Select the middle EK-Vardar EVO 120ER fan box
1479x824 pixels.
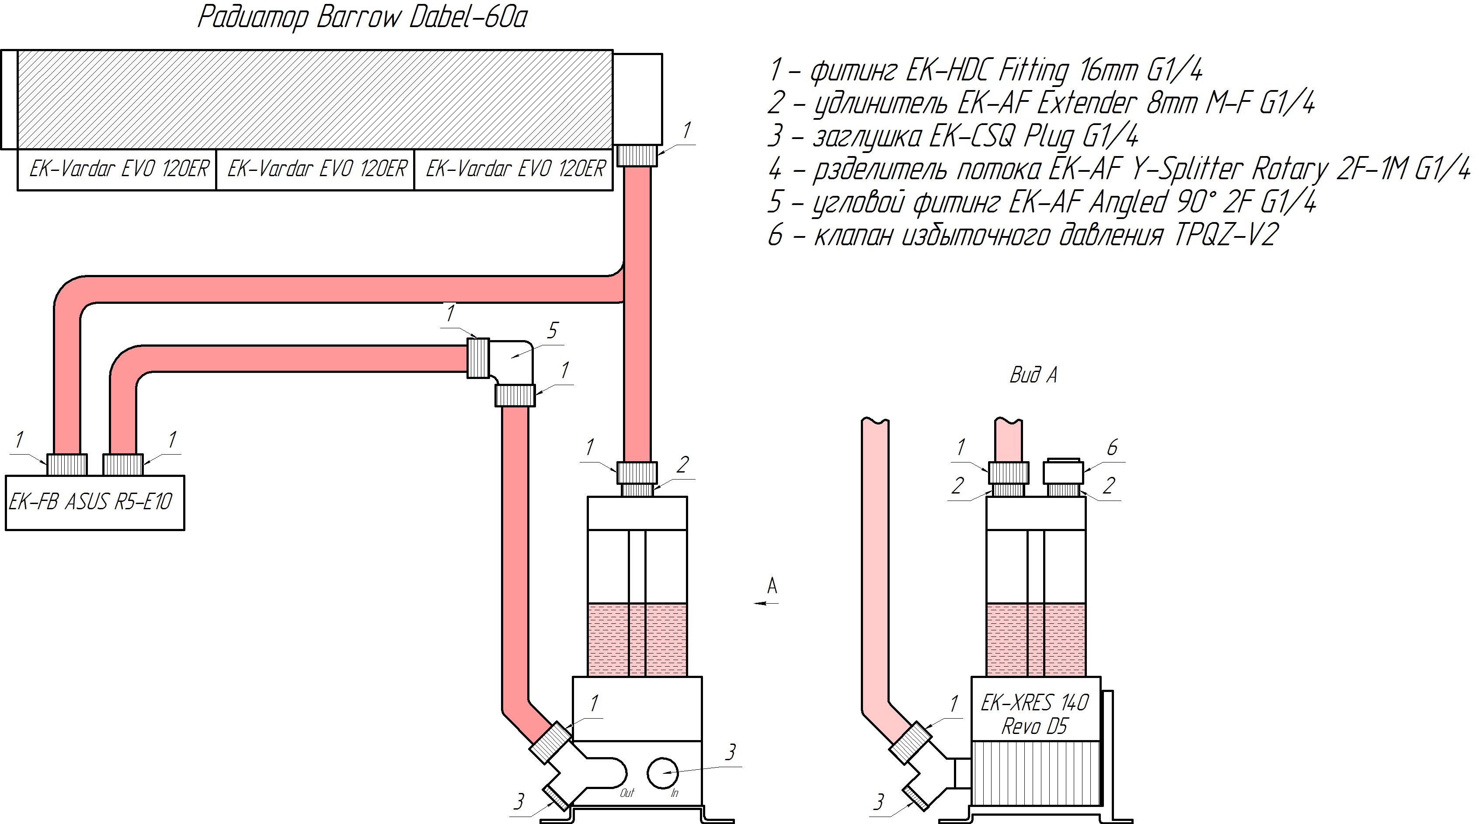[x=315, y=170]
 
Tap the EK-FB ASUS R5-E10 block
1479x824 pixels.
[x=95, y=502]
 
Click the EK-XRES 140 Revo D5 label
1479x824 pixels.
[x=1035, y=714]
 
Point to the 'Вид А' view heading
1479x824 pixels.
[x=1034, y=375]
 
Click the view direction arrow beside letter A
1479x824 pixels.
[x=766, y=603]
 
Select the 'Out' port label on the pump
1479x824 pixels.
[x=627, y=793]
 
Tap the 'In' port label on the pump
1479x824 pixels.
[x=675, y=793]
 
